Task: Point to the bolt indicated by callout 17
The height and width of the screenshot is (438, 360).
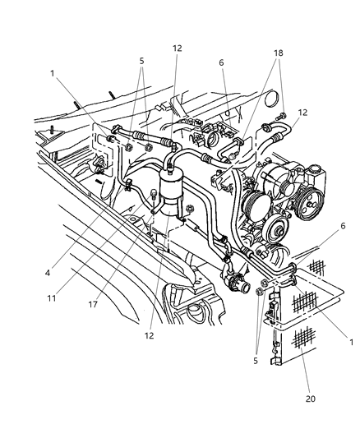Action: (153, 194)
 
